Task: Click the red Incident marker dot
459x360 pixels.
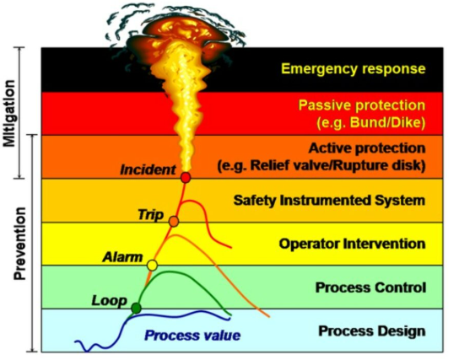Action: (186, 178)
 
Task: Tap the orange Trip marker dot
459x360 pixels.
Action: (174, 222)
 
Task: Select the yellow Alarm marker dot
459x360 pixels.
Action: (152, 266)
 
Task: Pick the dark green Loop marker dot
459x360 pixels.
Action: (136, 308)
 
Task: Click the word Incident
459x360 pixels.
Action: (148, 170)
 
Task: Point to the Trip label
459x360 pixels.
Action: (150, 215)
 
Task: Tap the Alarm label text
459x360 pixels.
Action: (122, 257)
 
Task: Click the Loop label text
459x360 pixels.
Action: (109, 301)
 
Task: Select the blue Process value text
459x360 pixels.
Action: (192, 336)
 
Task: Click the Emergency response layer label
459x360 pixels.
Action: (353, 69)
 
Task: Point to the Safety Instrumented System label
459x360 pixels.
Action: (329, 201)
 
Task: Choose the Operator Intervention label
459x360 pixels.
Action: (352, 244)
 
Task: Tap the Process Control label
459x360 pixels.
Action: (370, 287)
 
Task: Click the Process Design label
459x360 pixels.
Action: (372, 331)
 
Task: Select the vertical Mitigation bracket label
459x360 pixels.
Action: (8, 113)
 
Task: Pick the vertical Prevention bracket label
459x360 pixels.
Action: (20, 244)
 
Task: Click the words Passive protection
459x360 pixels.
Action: (362, 105)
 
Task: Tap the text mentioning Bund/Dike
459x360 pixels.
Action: (370, 123)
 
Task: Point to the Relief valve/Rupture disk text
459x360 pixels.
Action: (321, 166)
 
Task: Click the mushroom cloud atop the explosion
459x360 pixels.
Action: (179, 31)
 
